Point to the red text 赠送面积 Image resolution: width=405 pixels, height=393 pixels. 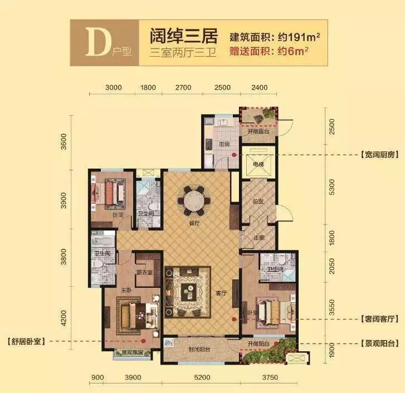(250, 53)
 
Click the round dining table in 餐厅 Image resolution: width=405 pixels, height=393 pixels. (194, 199)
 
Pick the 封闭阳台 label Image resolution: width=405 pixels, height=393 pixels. (196, 350)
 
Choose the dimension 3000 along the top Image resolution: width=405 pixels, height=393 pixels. (113, 88)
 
